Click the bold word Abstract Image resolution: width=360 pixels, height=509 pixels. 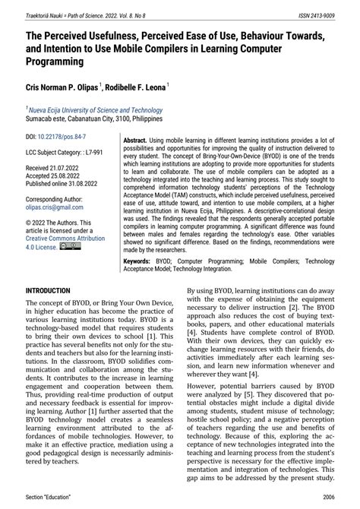click(x=134, y=141)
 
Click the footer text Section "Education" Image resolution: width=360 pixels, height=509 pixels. click(x=52, y=497)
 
